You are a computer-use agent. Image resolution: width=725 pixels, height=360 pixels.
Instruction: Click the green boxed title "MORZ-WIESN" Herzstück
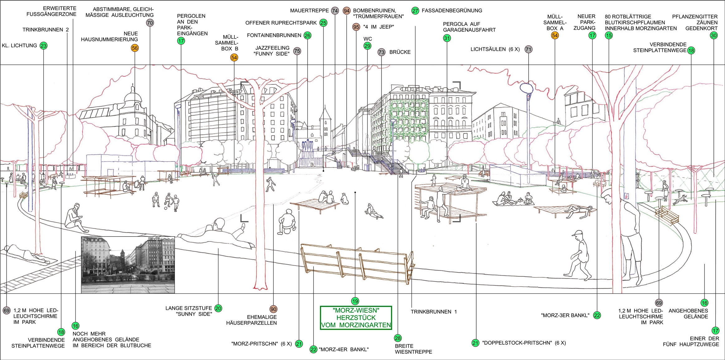pos(356,318)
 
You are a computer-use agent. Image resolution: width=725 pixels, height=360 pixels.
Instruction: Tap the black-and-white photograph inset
pos(128,265)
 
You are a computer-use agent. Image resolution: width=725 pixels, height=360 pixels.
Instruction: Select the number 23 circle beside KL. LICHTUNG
pos(43,46)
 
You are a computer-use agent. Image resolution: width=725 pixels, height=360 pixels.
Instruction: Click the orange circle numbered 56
pos(135,48)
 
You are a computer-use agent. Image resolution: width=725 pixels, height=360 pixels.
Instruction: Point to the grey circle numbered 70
pos(150,23)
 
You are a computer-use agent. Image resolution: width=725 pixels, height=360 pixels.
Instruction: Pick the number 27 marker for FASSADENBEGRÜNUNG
pos(415,11)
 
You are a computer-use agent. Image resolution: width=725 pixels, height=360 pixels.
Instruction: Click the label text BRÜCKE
pos(400,52)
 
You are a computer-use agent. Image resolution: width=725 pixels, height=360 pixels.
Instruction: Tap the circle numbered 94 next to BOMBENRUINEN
pos(347,11)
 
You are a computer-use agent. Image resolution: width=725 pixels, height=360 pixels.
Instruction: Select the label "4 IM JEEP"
pos(378,27)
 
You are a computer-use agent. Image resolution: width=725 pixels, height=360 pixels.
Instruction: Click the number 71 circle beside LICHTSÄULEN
pos(528,49)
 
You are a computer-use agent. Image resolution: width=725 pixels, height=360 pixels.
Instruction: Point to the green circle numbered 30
pos(714,36)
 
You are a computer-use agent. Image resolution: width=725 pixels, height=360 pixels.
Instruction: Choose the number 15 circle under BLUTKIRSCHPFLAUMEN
pos(609,36)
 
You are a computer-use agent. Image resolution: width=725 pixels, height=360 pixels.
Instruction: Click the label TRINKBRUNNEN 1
pos(434,312)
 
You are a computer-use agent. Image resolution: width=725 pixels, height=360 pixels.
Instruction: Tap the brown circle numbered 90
pos(273,309)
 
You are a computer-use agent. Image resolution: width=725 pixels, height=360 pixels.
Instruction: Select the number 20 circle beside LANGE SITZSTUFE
pos(218,309)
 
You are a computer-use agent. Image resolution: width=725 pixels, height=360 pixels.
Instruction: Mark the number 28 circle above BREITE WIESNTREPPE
pos(398,338)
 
